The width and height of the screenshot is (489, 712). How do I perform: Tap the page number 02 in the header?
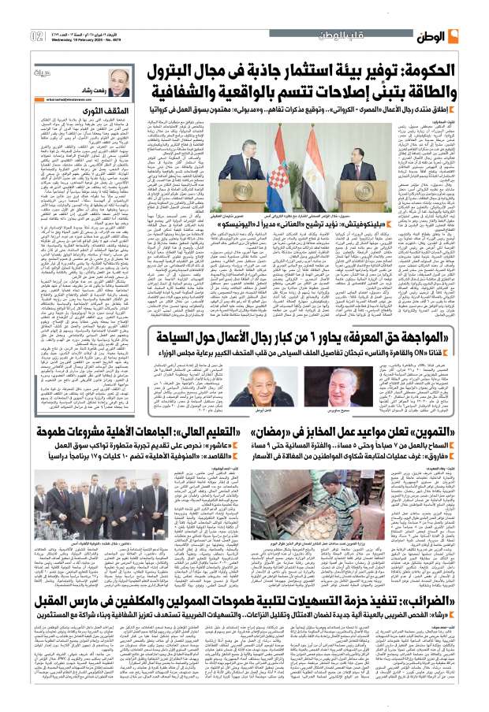pyautogui.click(x=37, y=35)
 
